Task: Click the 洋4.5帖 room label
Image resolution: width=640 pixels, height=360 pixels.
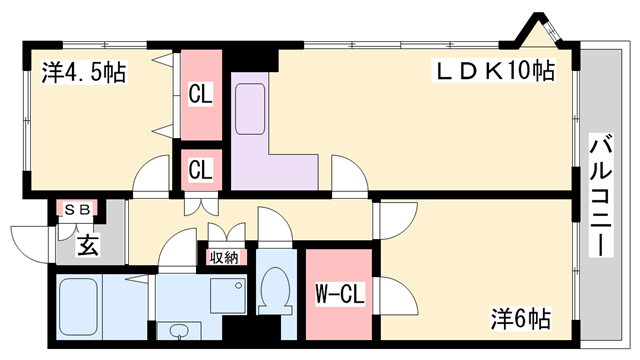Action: click(84, 72)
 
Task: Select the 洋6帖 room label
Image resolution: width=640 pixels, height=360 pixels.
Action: click(521, 318)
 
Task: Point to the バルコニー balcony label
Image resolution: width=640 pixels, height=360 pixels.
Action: click(600, 197)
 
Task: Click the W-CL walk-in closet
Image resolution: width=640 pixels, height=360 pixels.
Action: click(339, 294)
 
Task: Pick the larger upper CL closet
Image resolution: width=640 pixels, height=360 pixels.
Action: click(201, 95)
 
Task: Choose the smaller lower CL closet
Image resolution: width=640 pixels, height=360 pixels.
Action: click(201, 170)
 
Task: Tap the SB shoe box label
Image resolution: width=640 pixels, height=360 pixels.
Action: click(78, 209)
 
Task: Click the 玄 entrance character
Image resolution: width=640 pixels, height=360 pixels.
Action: click(88, 246)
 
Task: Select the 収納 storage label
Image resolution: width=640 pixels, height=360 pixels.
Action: click(224, 258)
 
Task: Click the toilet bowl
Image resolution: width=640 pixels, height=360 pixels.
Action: click(276, 291)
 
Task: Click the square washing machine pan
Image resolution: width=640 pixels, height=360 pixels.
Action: click(229, 296)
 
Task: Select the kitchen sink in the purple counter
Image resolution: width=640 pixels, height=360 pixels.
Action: click(251, 109)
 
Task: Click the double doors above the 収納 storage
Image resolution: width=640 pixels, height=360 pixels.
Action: click(227, 232)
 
